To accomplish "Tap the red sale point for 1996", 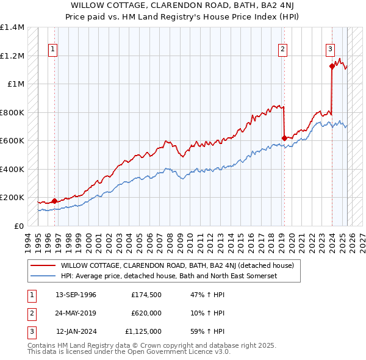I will tap(54, 201).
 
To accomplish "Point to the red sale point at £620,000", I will tap(284, 138).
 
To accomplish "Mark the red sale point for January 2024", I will tap(331, 67).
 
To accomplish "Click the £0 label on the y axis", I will tap(18, 226).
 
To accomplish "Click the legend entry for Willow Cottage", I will tap(178, 265).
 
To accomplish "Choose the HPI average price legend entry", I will tap(169, 276).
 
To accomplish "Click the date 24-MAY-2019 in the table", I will tap(76, 313).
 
